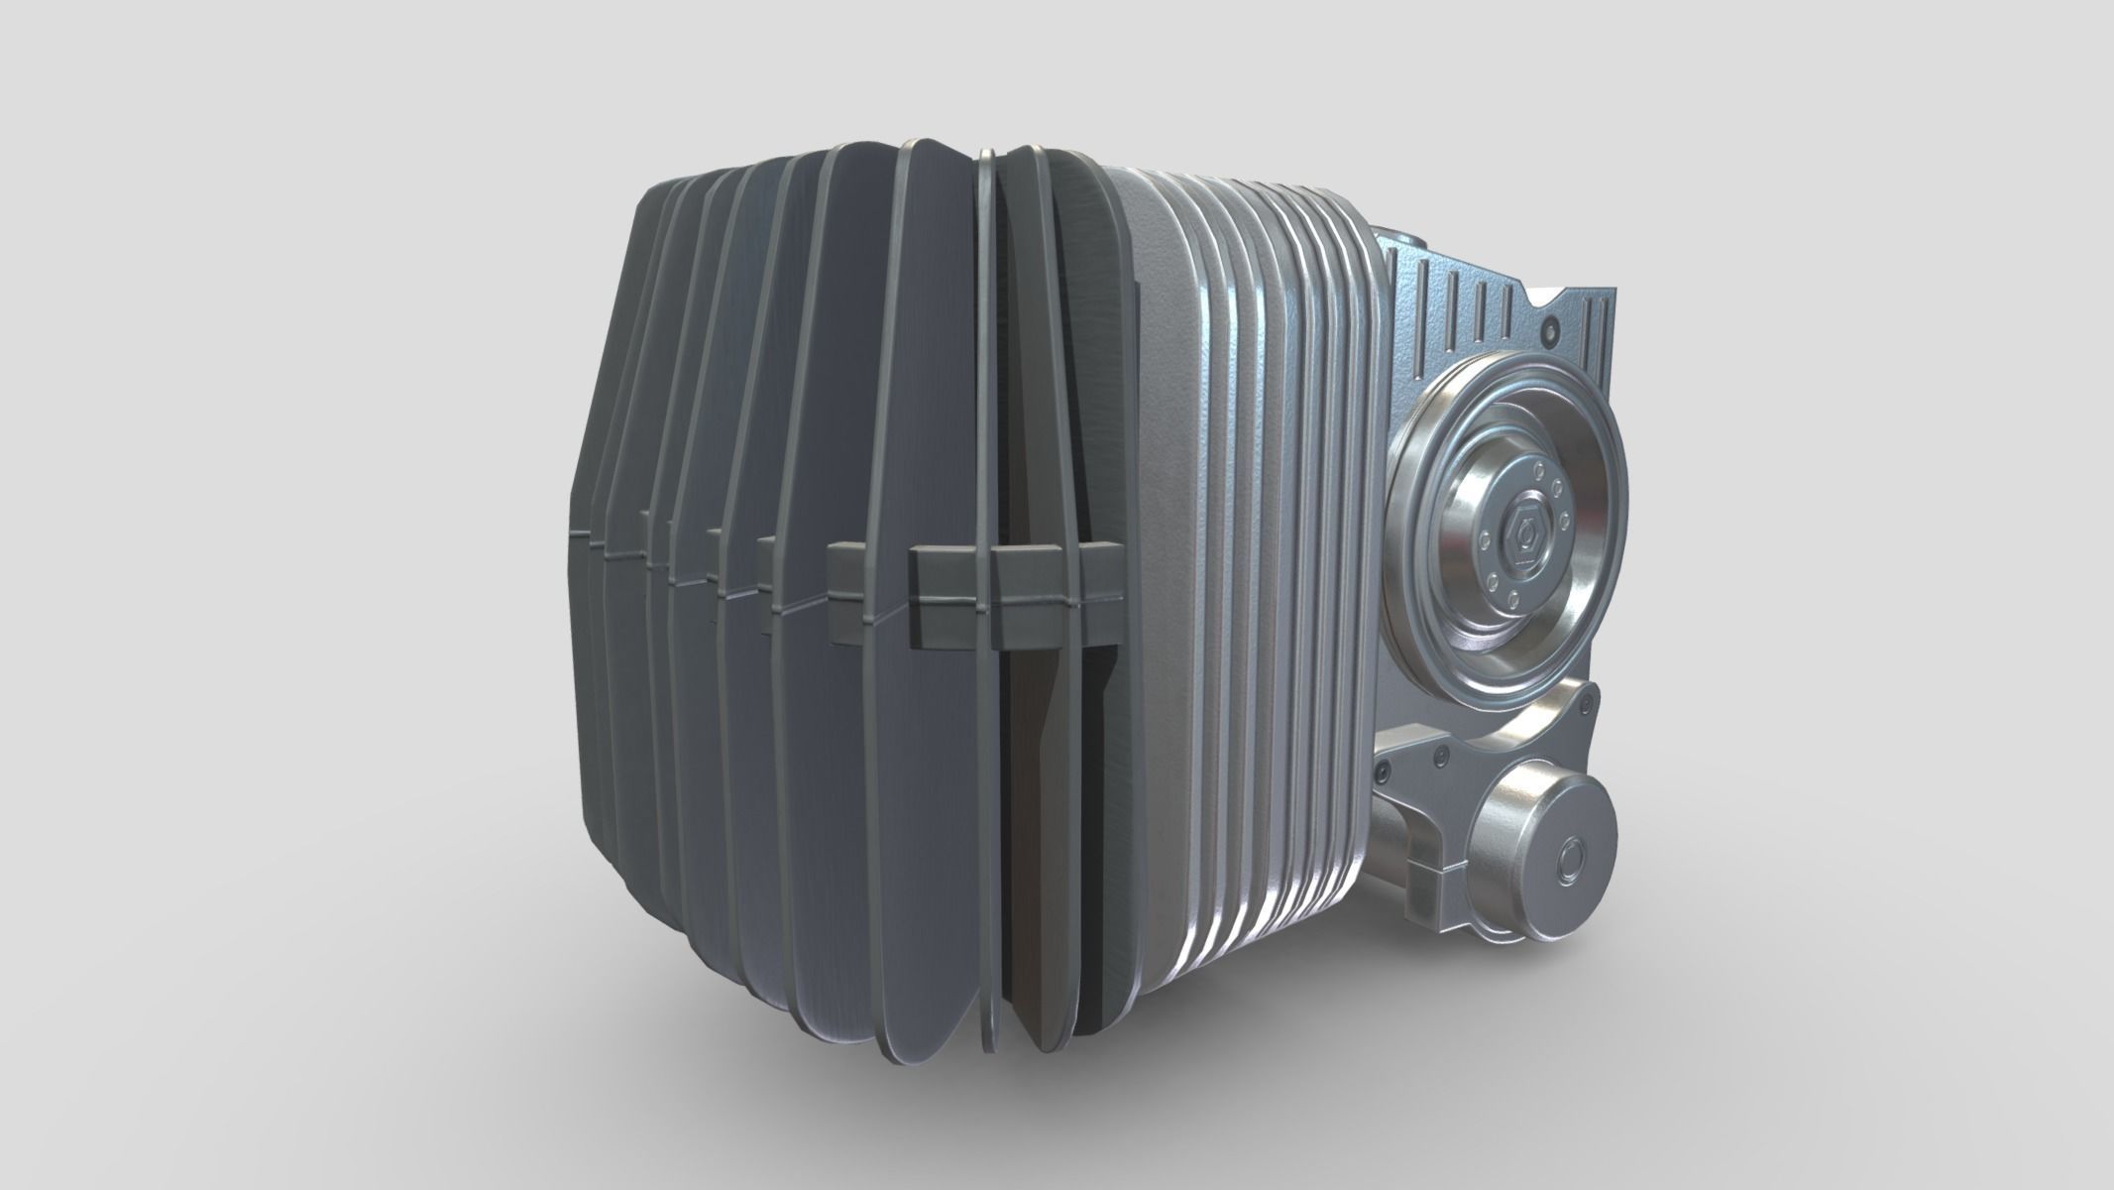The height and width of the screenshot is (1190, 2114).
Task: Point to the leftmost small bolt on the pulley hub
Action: pos(1484,541)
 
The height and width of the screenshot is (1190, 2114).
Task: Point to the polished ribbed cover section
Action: pos(1279,516)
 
